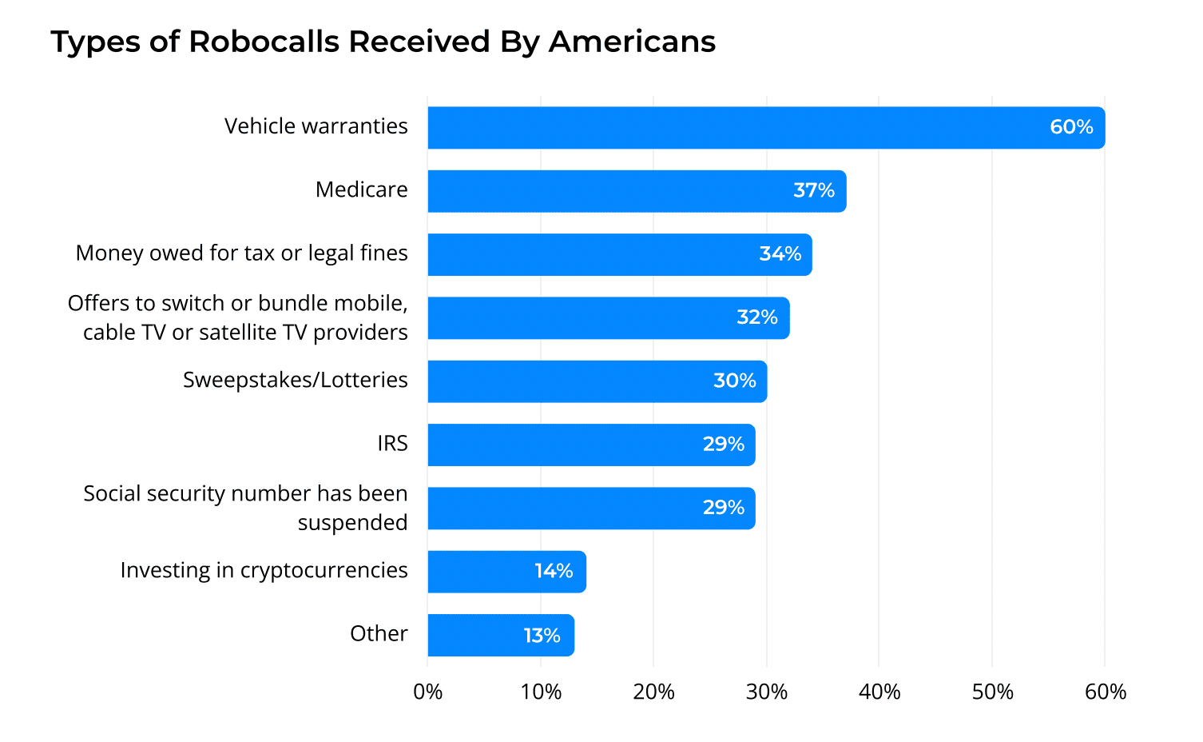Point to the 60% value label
1071,127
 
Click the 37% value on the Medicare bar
814,190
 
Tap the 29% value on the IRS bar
724,445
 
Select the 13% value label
542,636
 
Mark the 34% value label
780,254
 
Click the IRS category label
392,444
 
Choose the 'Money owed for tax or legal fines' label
241,253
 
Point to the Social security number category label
245,508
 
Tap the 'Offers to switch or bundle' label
237,317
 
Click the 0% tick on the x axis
428,692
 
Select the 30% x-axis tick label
767,692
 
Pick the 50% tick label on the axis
992,692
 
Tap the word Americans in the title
632,42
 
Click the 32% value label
757,317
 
